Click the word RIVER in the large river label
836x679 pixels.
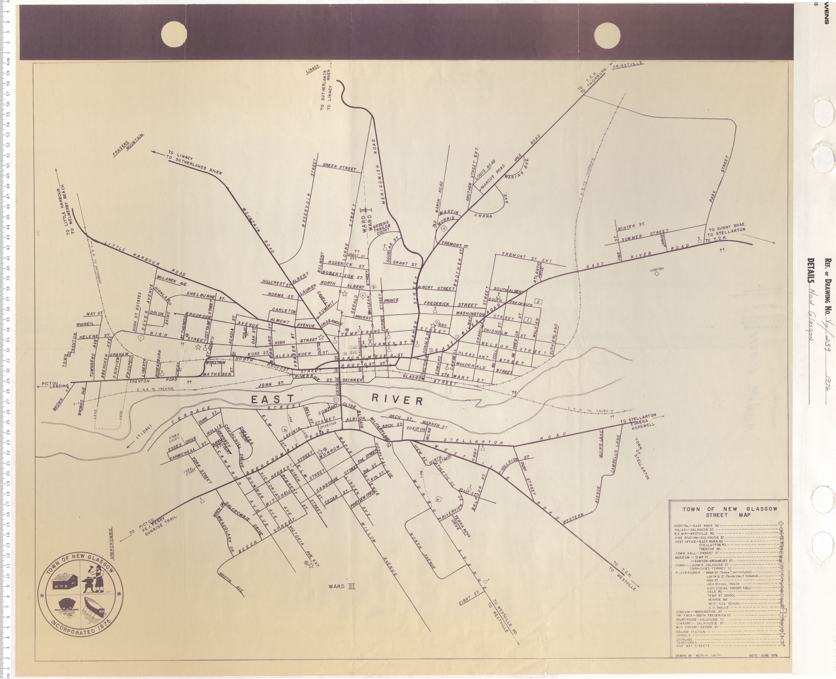397,400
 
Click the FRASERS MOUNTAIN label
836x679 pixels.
128,146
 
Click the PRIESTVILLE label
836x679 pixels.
627,66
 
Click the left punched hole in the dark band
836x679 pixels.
174,34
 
